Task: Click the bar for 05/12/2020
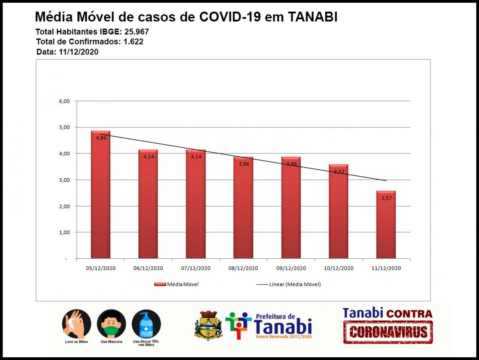coord(100,195)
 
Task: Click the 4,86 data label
coord(101,138)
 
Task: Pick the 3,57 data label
coord(339,172)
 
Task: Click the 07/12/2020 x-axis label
coord(196,269)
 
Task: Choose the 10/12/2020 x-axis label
coord(339,269)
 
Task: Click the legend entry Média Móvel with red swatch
coord(177,285)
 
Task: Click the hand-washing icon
coord(77,324)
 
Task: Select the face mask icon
coord(111,324)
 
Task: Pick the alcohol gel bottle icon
coord(146,324)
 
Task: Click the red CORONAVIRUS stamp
coord(388,332)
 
